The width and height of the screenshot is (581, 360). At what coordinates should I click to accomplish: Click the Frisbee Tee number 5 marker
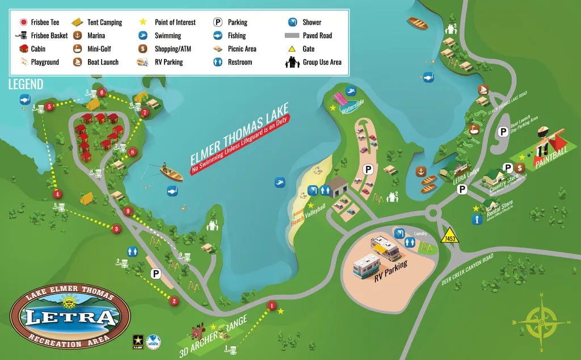tap(50, 106)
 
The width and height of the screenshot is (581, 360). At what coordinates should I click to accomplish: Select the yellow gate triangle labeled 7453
tap(449, 235)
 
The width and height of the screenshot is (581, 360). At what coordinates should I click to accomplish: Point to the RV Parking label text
tap(390, 272)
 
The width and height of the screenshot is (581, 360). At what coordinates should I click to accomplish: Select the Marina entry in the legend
tap(96, 36)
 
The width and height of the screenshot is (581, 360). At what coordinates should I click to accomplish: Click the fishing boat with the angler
tap(170, 173)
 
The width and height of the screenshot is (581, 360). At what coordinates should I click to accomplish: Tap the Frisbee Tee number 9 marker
tap(128, 211)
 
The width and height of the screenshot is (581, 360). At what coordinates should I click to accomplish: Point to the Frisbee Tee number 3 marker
tap(116, 229)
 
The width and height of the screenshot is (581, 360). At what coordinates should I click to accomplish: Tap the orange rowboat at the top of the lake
tap(418, 24)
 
